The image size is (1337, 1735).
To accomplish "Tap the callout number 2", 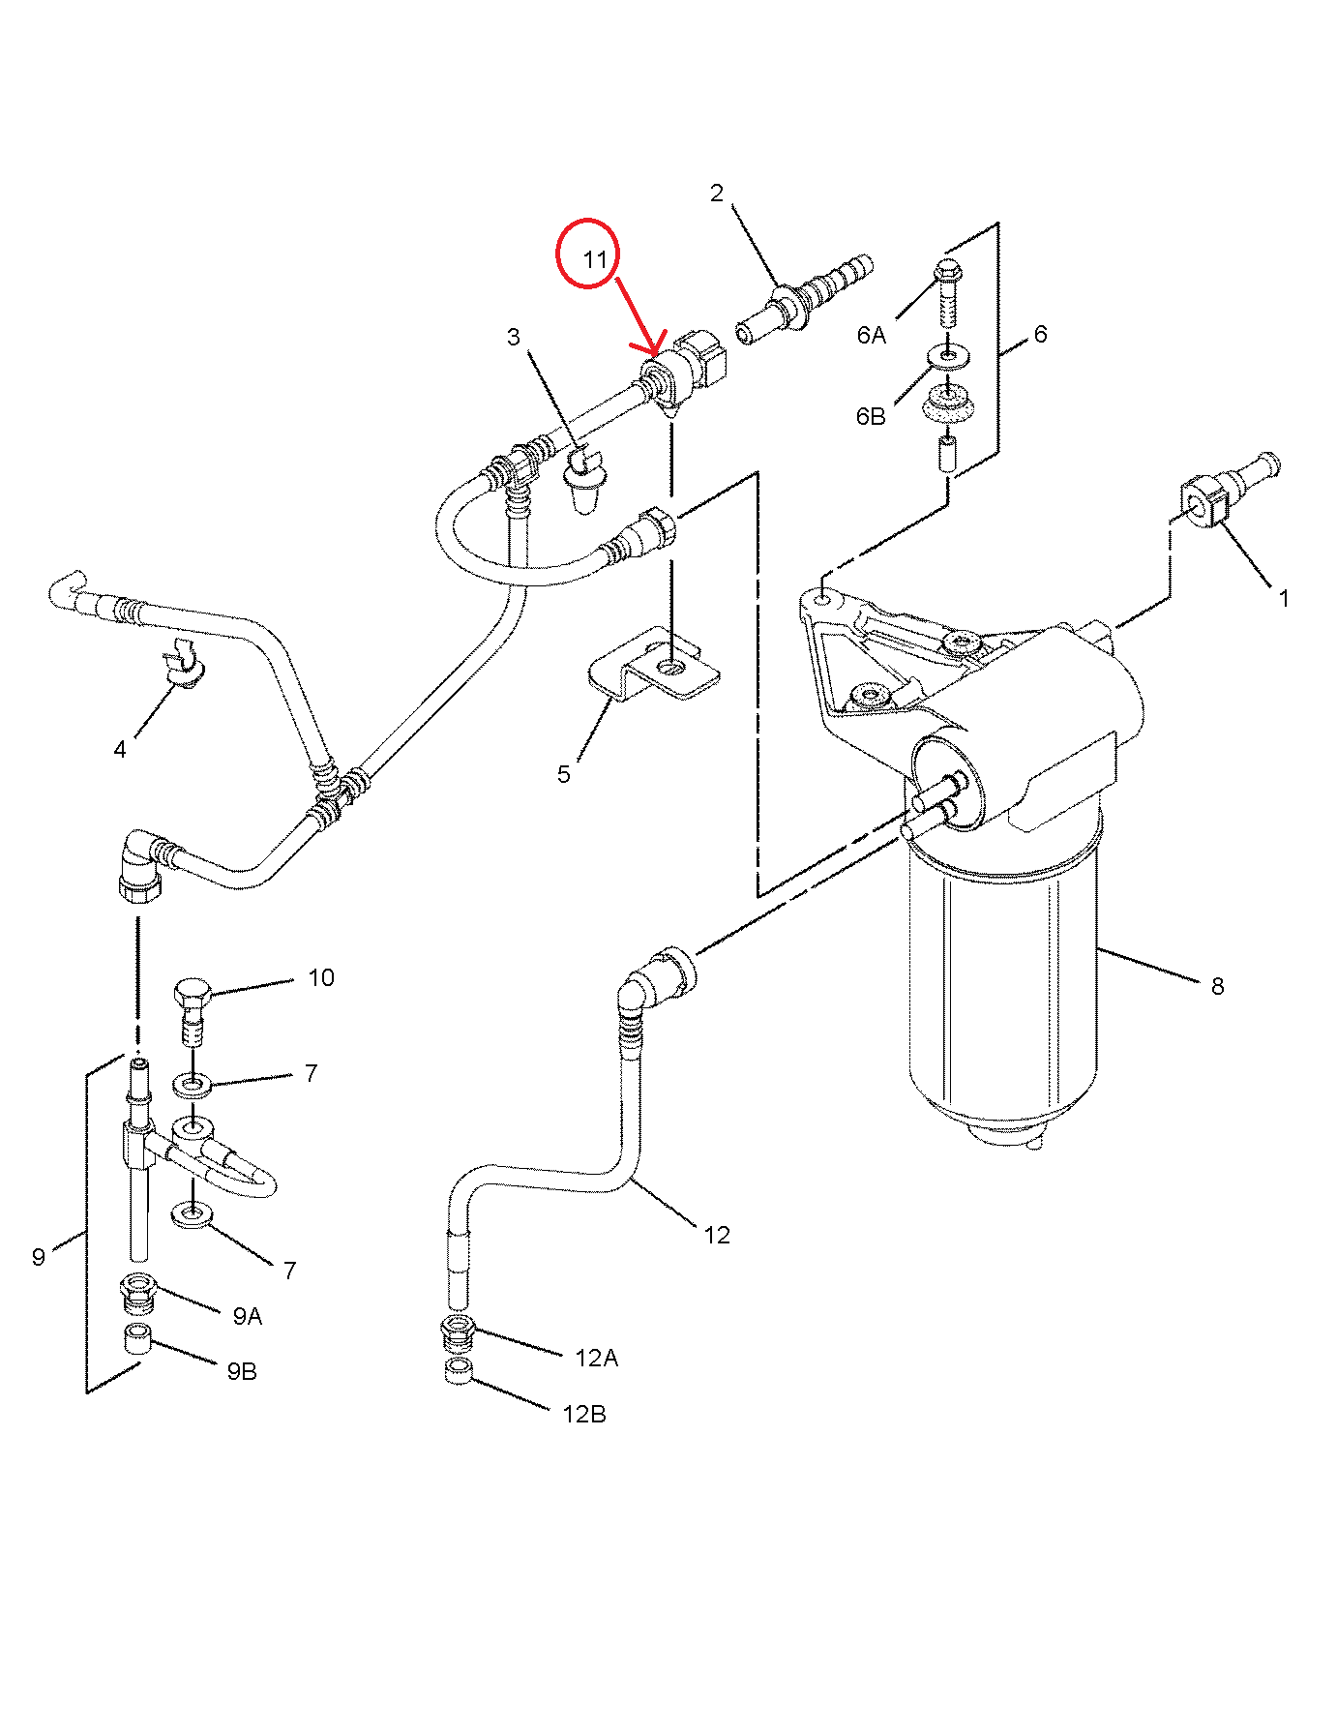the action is (716, 194).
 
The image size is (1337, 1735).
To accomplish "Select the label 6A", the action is (871, 335).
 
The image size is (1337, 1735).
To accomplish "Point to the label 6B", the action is (871, 416).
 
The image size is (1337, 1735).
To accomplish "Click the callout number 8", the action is (1217, 986).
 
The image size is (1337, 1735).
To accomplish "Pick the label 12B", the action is (584, 1414).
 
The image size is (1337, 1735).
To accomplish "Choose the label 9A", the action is (248, 1316).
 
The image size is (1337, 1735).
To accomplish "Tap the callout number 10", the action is (321, 978).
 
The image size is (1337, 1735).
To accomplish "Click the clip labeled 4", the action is (185, 663).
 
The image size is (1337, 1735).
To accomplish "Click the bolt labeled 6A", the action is (947, 291).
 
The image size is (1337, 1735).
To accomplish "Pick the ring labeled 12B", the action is (458, 1371).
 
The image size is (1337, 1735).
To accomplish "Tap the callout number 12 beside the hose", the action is (716, 1235).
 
